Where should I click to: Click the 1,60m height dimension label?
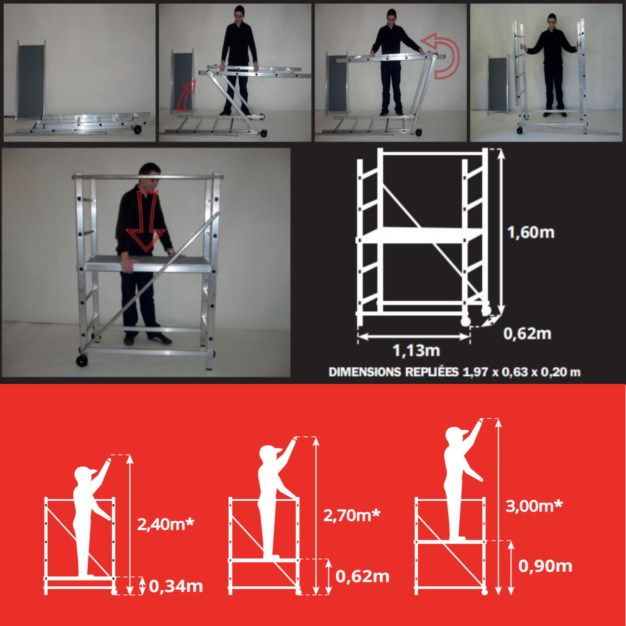click(x=530, y=233)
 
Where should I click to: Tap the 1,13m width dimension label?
click(x=416, y=351)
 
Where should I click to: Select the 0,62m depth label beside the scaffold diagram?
click(x=527, y=333)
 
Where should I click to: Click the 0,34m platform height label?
click(x=176, y=587)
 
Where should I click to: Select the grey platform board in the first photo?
click(x=31, y=80)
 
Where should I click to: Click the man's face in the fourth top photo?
click(x=552, y=21)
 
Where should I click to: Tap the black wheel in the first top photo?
click(x=137, y=129)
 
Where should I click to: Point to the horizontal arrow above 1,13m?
click(x=414, y=336)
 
